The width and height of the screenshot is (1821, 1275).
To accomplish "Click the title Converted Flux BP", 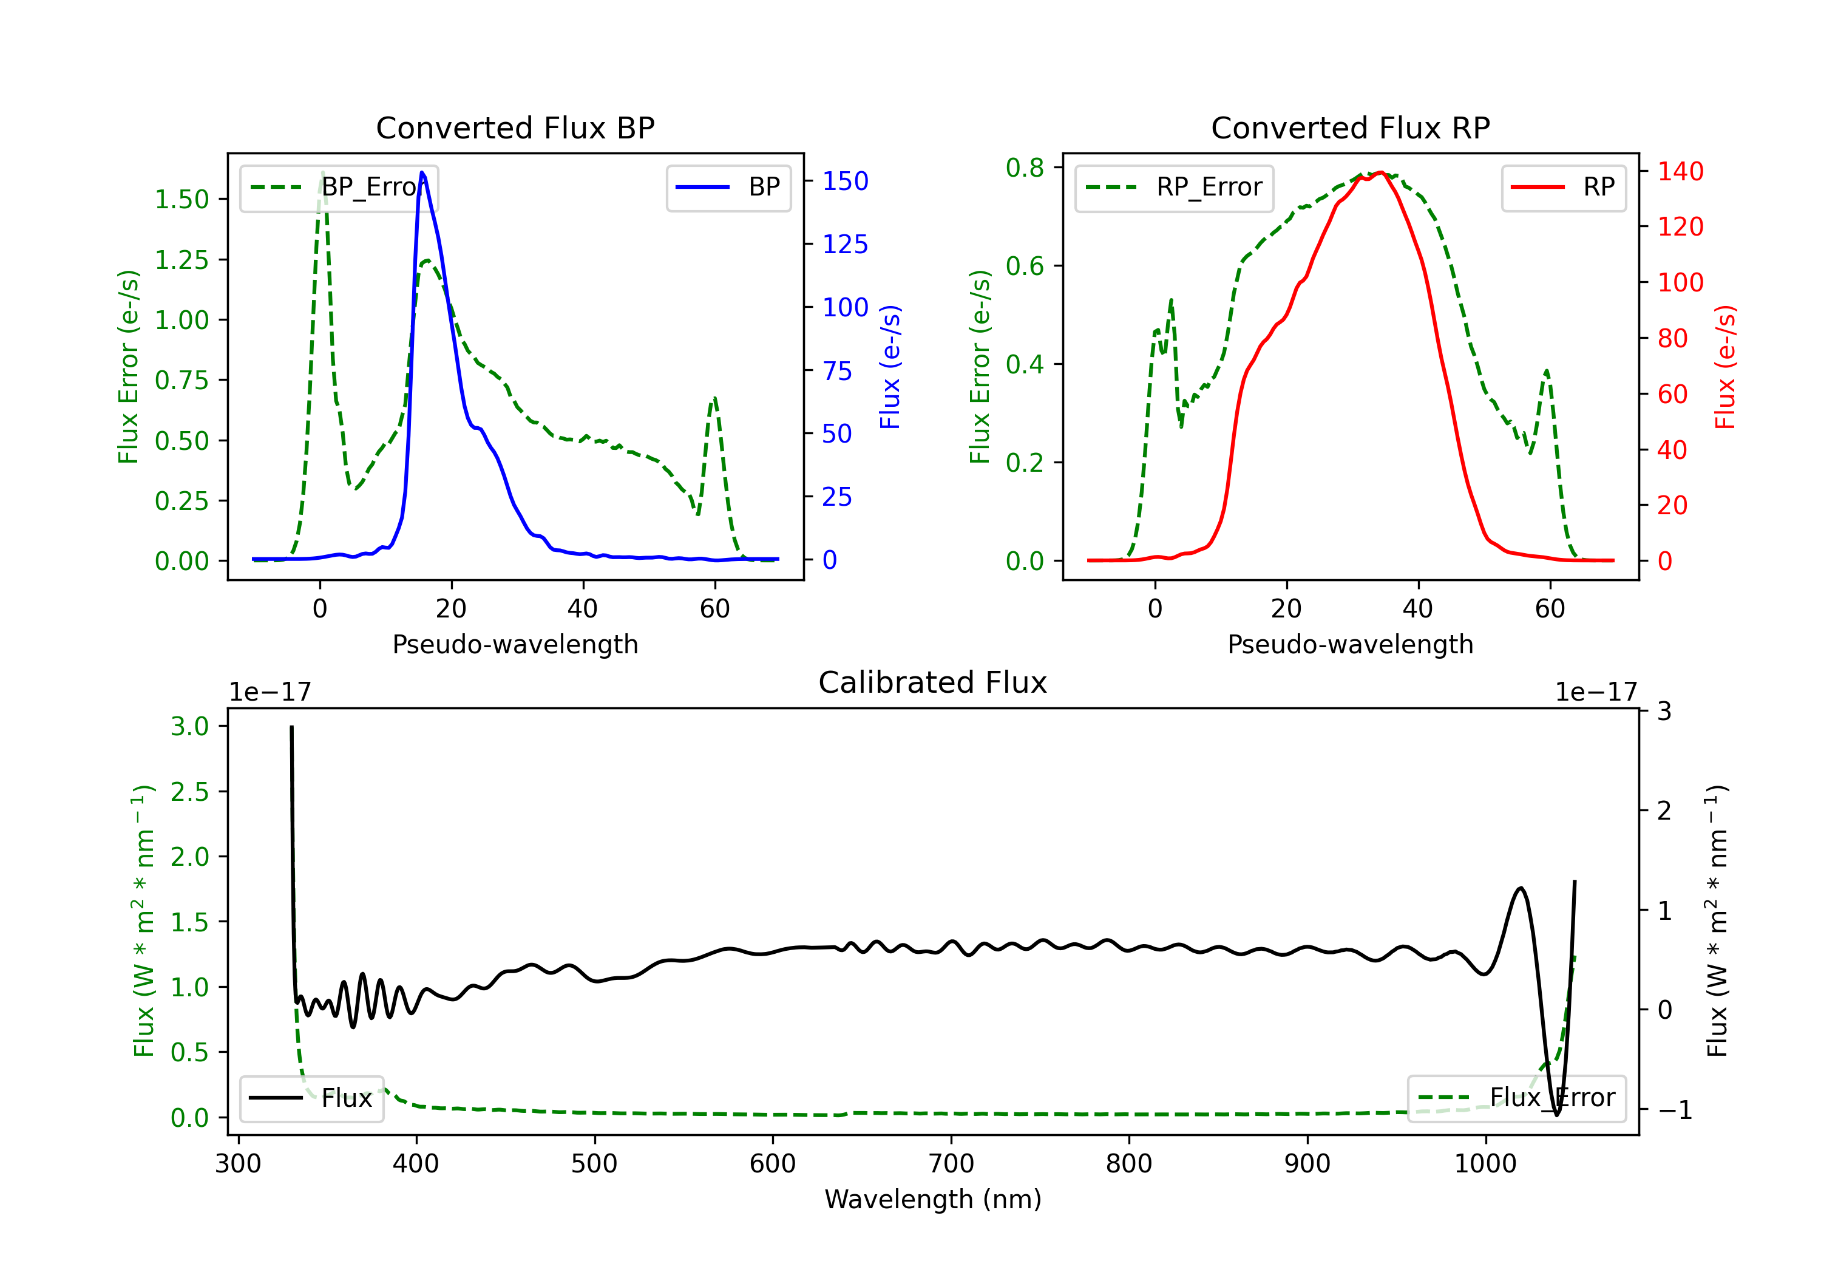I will click(515, 127).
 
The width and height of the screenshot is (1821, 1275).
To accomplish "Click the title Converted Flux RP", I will click(1350, 127).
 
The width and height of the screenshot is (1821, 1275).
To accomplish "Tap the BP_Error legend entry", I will click(339, 187).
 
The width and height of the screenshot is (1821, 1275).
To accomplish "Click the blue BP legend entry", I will click(728, 187).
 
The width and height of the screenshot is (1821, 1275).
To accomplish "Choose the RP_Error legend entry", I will click(1174, 187).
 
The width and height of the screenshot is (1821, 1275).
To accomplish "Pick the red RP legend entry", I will click(1563, 187).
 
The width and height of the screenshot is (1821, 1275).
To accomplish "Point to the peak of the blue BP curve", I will click(422, 172).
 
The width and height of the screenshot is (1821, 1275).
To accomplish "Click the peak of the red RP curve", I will click(1381, 172).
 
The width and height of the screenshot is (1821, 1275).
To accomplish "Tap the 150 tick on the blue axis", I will click(845, 181).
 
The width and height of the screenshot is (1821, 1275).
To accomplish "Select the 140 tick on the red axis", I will click(1680, 171).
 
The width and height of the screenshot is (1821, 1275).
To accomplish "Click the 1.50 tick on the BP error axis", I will click(181, 199).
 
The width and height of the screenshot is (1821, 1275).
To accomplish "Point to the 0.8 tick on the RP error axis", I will click(1025, 168).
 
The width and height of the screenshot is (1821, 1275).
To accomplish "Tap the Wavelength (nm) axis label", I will click(933, 1199).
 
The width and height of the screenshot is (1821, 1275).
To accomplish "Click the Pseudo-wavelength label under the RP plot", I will click(1350, 644).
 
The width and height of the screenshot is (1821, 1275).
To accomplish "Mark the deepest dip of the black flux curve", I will click(1556, 1115).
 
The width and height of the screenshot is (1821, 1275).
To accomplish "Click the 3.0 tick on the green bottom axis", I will click(189, 726).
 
